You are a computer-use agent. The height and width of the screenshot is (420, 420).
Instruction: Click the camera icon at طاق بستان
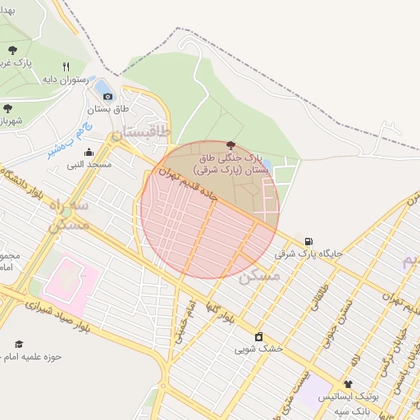pyautogui.click(x=107, y=96)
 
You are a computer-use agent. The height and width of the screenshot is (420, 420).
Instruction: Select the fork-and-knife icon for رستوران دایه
pyautogui.click(x=66, y=67)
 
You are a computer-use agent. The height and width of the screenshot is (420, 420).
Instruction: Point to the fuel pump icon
pyautogui.click(x=308, y=242)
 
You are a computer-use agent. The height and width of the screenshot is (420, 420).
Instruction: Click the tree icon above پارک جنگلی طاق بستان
pyautogui.click(x=229, y=145)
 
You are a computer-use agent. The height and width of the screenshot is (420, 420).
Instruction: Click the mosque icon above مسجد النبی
pyautogui.click(x=89, y=152)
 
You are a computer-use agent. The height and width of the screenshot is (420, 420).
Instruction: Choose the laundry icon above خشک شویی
pyautogui.click(x=259, y=336)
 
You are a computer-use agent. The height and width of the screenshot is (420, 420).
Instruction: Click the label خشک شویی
pyautogui.click(x=258, y=349)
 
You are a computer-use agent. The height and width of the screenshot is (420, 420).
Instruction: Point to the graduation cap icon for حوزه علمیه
pyautogui.click(x=19, y=344)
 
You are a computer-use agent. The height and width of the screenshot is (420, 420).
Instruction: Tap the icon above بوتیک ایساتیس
pyautogui.click(x=348, y=384)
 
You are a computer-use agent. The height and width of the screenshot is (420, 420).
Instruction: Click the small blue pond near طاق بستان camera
pyautogui.click(x=103, y=85)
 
